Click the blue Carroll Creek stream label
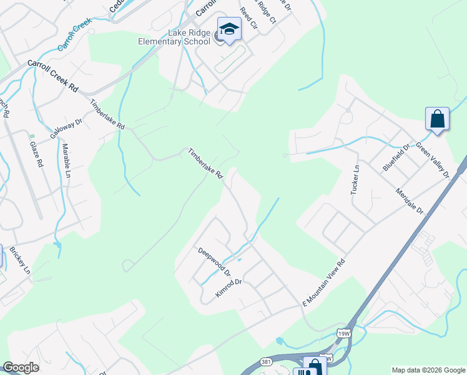pyautogui.click(x=74, y=35)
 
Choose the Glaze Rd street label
pyautogui.click(x=36, y=154)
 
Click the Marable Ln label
pyautogui.click(x=66, y=161)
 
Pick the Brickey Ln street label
pyautogui.click(x=19, y=261)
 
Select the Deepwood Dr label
pyautogui.click(x=214, y=262)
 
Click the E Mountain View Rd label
pyautogui.click(x=324, y=282)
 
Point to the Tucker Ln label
pyautogui.click(x=355, y=179)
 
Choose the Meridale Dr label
pyautogui.click(x=410, y=200)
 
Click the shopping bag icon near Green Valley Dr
pyautogui.click(x=437, y=118)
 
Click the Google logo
pyautogui.click(x=21, y=367)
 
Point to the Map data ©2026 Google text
pyautogui.click(x=428, y=370)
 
